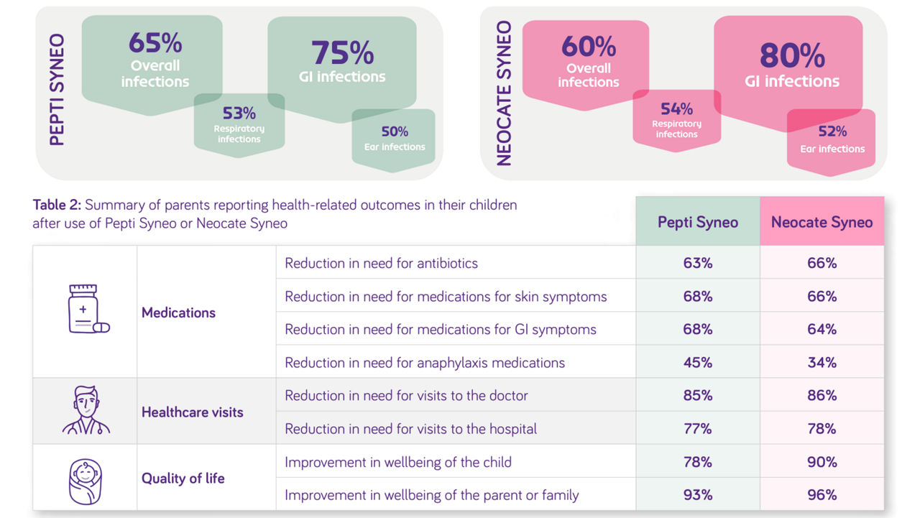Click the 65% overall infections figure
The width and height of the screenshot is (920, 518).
[x=155, y=42]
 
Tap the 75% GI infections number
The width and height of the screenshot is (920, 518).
[x=343, y=52]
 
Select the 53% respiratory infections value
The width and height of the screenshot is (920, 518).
[x=239, y=113]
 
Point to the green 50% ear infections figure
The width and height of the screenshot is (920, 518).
[x=395, y=131]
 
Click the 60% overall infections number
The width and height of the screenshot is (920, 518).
[x=589, y=46]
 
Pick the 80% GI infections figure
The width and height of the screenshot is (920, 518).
[x=792, y=55]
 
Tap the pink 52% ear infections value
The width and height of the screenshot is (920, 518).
[x=832, y=131]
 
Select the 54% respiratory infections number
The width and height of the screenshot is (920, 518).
[x=676, y=108]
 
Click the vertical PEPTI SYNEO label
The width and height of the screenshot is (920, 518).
[x=57, y=90]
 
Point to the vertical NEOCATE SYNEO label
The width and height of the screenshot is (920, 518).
[x=504, y=93]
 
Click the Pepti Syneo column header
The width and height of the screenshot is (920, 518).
[x=698, y=222]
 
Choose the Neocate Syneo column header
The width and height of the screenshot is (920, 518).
[x=822, y=222]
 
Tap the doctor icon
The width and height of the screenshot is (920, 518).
[x=86, y=410]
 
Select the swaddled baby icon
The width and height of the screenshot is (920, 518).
[x=85, y=481]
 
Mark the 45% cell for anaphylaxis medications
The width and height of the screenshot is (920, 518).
[x=698, y=362]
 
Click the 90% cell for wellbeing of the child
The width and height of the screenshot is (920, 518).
[x=822, y=462]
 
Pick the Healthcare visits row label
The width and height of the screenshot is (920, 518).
[x=192, y=412]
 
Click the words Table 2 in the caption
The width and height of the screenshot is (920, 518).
[x=57, y=205]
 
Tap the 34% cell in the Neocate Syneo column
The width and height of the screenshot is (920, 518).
[x=822, y=362]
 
